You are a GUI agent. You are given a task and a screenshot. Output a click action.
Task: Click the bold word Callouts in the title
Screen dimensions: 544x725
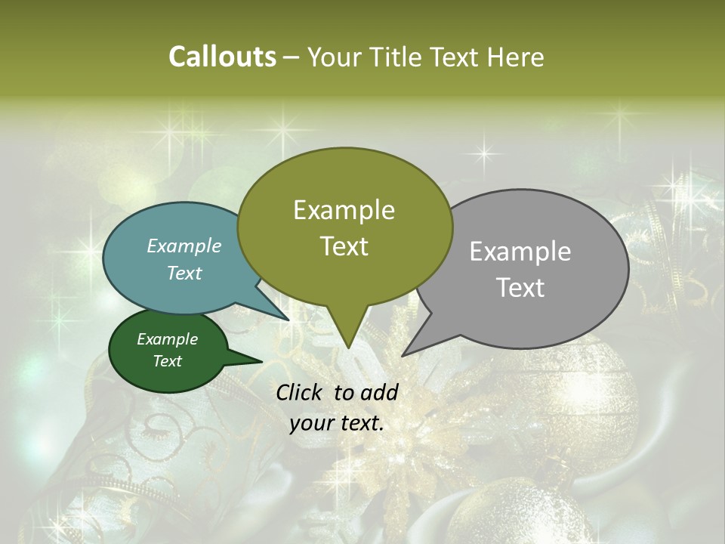click(x=222, y=57)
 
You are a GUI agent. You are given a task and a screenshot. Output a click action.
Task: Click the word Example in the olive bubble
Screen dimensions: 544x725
click(x=344, y=210)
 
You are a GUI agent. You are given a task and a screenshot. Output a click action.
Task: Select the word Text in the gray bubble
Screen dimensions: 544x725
click(x=521, y=288)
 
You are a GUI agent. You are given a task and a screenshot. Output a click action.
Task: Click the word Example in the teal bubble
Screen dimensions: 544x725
click(x=184, y=246)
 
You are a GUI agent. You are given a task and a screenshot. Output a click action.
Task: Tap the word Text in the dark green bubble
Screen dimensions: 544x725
click(x=167, y=361)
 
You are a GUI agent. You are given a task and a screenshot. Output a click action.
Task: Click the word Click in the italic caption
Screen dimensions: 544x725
click(x=301, y=392)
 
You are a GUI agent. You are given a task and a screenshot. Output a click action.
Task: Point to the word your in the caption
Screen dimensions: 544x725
click(x=310, y=423)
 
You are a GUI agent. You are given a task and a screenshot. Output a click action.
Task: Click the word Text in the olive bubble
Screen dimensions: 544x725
click(x=344, y=246)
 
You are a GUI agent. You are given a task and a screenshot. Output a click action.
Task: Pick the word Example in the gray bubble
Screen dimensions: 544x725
click(x=520, y=252)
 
